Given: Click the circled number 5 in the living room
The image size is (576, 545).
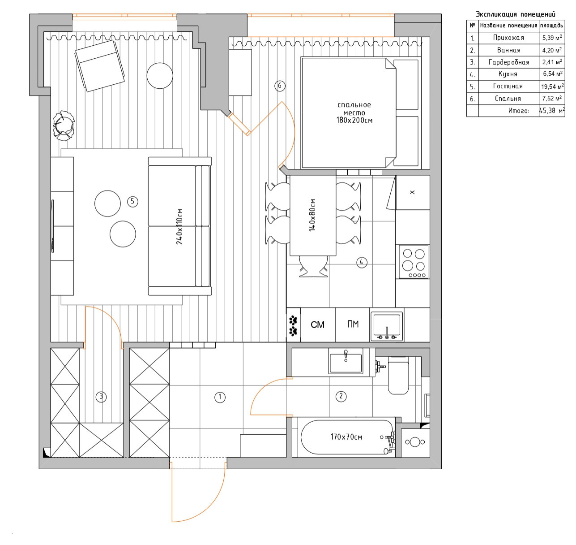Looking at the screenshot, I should (132, 202).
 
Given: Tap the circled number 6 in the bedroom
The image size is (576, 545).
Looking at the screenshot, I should (280, 86).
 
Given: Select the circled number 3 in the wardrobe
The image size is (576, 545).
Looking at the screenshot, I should (101, 397).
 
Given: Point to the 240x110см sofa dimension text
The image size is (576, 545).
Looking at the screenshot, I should (180, 226).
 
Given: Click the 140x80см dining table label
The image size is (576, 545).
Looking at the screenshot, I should (312, 215).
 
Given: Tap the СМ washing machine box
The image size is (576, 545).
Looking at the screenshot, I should (317, 324).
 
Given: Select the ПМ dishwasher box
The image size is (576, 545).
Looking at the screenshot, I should (353, 324).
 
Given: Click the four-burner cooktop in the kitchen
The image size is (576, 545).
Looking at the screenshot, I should (414, 261).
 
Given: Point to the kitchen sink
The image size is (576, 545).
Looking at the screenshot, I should (387, 324).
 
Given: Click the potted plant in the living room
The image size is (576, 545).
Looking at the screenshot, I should (64, 125).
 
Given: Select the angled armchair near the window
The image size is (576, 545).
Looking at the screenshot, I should (100, 65).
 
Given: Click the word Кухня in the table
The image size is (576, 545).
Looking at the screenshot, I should (508, 74).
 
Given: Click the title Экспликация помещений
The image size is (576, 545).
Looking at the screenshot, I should (515, 15).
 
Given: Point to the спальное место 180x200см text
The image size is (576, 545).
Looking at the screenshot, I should (354, 112).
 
